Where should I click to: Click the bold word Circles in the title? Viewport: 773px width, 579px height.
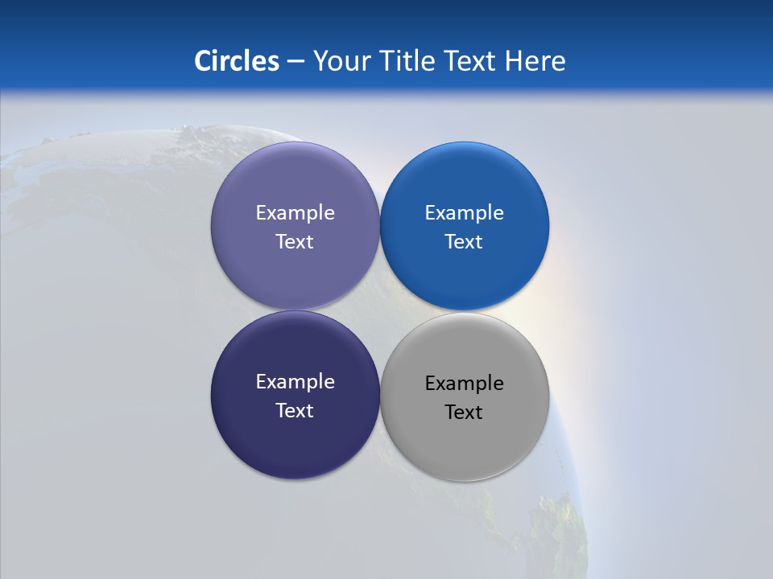(236, 61)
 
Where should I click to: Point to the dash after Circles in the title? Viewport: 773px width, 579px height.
(296, 62)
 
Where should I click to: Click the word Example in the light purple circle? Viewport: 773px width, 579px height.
(295, 213)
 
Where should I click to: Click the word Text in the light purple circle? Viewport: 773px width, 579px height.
(295, 242)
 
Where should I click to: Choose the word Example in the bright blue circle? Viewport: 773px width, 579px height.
(464, 213)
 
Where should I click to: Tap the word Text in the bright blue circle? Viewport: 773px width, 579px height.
(464, 242)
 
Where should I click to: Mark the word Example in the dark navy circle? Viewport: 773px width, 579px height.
(295, 382)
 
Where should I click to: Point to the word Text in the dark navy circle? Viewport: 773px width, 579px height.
(295, 411)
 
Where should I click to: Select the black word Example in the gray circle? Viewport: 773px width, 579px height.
(464, 384)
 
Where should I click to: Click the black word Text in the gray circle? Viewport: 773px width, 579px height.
(464, 413)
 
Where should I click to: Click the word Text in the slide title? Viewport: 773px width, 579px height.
(469, 61)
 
